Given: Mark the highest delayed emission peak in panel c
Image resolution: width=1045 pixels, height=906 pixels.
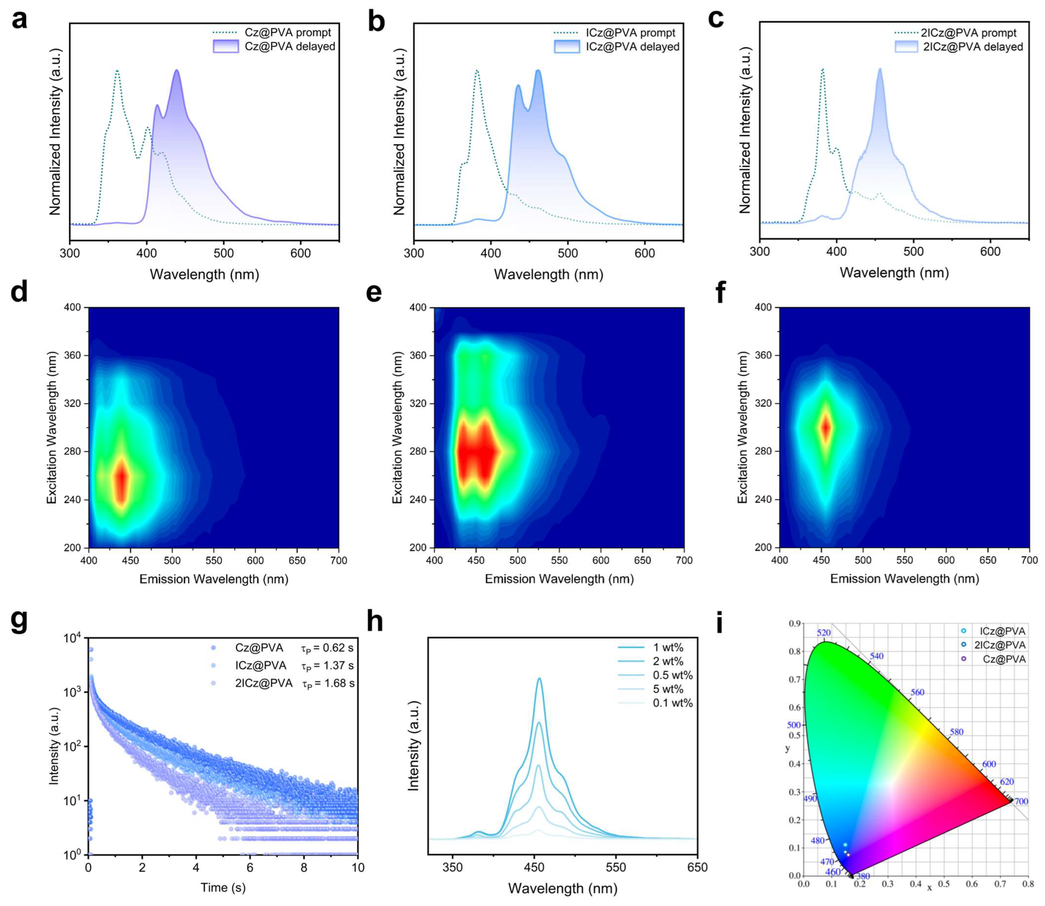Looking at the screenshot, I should point(880,69).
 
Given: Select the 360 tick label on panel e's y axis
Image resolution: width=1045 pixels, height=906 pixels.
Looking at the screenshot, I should point(418,355).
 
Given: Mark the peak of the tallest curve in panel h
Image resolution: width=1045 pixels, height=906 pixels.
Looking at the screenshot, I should point(539,679).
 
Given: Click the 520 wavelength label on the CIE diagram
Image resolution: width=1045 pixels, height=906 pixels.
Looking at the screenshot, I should point(824,633).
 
